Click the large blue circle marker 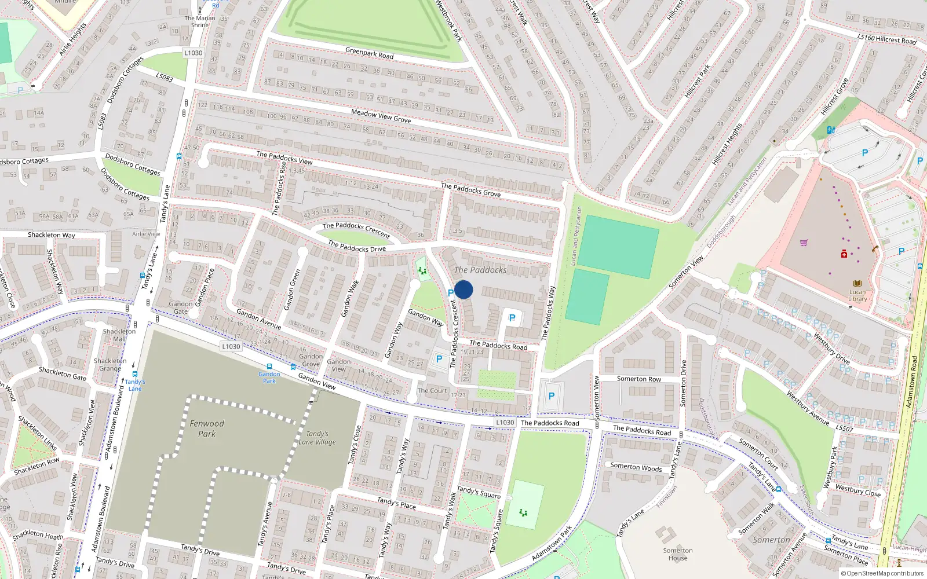coord(463,289)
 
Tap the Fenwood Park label coord(207,428)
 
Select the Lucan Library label coord(857,295)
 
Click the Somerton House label coord(678,554)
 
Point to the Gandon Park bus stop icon coord(269,367)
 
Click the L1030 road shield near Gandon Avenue coord(231,346)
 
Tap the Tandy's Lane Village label coord(317,438)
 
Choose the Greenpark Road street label coord(369,53)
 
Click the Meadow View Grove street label coord(381,116)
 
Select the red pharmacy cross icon coord(844,254)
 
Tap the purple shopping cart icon coord(804,243)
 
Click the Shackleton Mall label coord(119,335)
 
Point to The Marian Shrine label coord(200,21)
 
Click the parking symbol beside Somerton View coord(551,396)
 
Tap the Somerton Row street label coord(638,379)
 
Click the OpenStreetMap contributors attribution coord(882,573)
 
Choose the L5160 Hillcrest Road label coord(886,39)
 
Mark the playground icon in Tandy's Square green coord(523,512)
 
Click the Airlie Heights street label coord(72,39)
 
